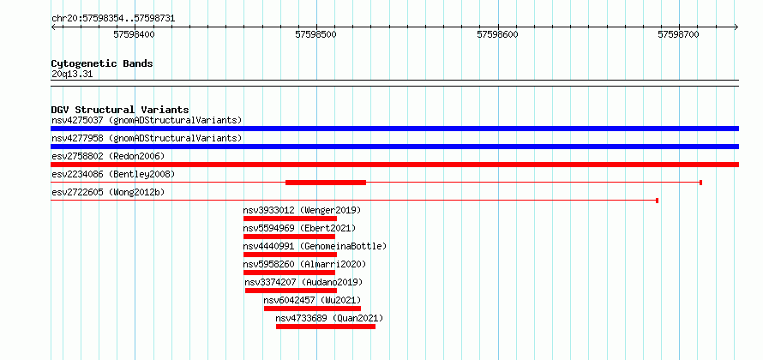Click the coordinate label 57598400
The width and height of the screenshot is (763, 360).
click(134, 34)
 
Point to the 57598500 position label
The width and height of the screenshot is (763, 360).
click(315, 34)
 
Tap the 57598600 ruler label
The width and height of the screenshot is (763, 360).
click(498, 34)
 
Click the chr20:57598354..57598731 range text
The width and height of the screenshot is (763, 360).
click(113, 19)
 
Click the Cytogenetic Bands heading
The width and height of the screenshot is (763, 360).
click(102, 63)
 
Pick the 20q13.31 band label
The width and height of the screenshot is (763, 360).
click(72, 75)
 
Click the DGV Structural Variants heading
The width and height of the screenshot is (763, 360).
click(120, 110)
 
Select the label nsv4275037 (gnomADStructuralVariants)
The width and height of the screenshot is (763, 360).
click(147, 120)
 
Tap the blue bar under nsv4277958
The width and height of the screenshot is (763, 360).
click(394, 147)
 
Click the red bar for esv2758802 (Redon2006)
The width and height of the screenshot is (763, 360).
click(394, 165)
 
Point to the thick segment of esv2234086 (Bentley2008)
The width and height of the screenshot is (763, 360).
click(326, 183)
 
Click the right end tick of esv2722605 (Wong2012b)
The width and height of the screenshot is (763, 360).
click(658, 201)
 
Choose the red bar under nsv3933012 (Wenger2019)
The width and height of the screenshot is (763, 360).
click(290, 219)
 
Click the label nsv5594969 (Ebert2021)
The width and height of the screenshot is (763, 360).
click(300, 228)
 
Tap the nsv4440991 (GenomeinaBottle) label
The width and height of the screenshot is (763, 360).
click(315, 246)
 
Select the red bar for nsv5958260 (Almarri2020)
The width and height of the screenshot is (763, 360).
click(289, 273)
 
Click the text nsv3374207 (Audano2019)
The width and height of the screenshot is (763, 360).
click(303, 282)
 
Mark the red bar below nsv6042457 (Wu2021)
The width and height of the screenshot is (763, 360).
click(312, 309)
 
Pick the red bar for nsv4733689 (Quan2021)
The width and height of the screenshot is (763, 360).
click(326, 327)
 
